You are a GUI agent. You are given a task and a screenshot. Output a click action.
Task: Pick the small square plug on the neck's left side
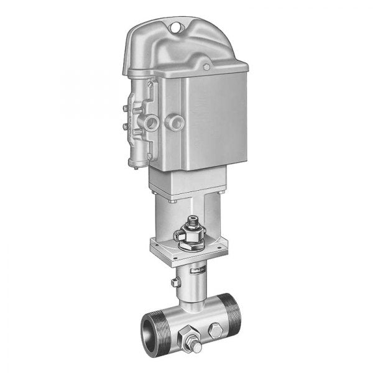pos(175,283)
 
